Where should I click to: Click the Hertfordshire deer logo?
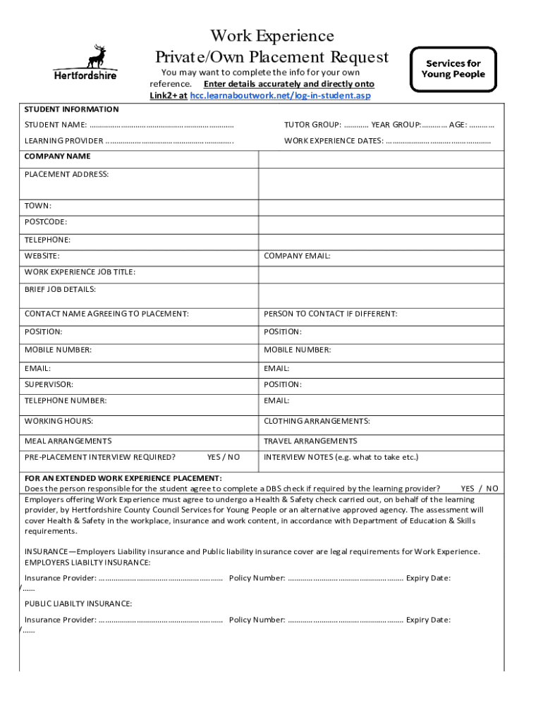point(85,62)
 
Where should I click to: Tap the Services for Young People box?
point(453,68)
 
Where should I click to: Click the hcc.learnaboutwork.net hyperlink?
point(280,95)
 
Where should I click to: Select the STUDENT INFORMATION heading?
point(71,109)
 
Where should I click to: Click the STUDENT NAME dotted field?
point(161,125)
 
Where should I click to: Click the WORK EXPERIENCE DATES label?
point(334,140)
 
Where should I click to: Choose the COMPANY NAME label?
point(57,156)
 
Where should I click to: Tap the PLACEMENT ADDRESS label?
point(66,173)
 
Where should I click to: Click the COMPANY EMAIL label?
point(297,256)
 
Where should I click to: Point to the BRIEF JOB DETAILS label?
point(60,289)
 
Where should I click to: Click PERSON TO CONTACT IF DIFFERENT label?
point(330,314)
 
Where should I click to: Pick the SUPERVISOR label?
point(49,384)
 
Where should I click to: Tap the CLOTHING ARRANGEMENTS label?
point(317,421)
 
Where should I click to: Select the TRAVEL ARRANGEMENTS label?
point(310,441)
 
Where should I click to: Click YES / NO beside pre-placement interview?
point(224,457)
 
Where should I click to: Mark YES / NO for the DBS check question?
point(479,488)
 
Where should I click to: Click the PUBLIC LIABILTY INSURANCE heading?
point(78,604)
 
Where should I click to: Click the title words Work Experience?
point(271,35)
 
